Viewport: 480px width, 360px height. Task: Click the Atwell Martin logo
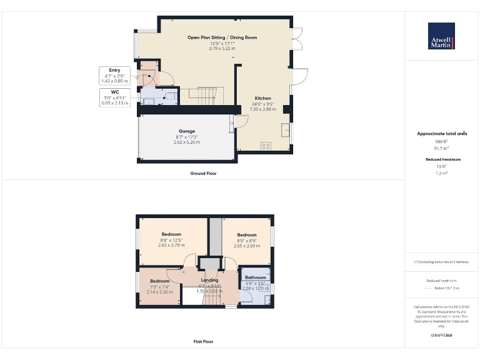441,36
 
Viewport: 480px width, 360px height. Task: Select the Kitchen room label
262,98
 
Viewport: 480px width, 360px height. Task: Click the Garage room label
186,131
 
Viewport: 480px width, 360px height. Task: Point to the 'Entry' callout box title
114,70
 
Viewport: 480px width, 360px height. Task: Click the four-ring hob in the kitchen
265,146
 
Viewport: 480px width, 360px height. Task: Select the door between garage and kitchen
232,125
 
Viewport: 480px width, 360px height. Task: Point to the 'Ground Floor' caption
203,173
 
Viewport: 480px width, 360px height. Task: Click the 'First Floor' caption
203,342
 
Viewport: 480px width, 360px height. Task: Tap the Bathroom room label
255,277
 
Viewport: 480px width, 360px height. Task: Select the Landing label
209,281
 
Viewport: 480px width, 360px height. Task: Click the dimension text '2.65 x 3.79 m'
171,246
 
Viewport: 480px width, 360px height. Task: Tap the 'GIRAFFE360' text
441,336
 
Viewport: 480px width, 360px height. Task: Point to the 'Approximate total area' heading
441,134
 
